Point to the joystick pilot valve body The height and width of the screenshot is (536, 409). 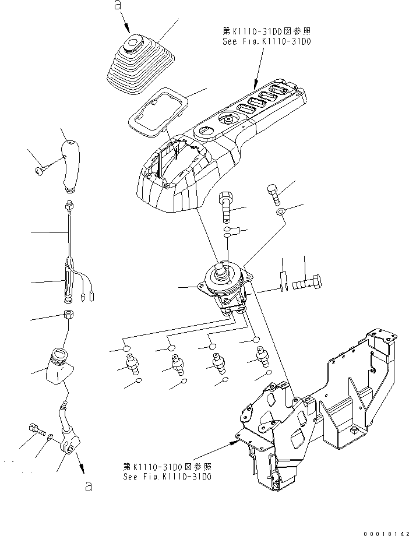click(224, 285)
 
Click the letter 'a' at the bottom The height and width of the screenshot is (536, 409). click(88, 487)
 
